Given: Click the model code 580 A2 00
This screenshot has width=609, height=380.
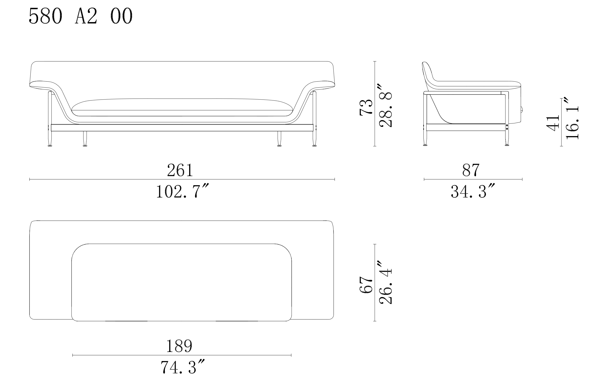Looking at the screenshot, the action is pyautogui.click(x=81, y=16).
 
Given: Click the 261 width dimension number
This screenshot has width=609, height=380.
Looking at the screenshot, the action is pyautogui.click(x=180, y=170).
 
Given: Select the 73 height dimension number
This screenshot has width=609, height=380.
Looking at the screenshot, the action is pyautogui.click(x=366, y=107).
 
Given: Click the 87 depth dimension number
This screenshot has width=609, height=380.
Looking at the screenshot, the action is pyautogui.click(x=471, y=170).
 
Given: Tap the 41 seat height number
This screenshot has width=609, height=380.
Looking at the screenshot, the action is pyautogui.click(x=553, y=123).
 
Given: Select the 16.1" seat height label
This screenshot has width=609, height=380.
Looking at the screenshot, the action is pyautogui.click(x=572, y=118).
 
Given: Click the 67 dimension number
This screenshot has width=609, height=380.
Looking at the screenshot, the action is pyautogui.click(x=366, y=285).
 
